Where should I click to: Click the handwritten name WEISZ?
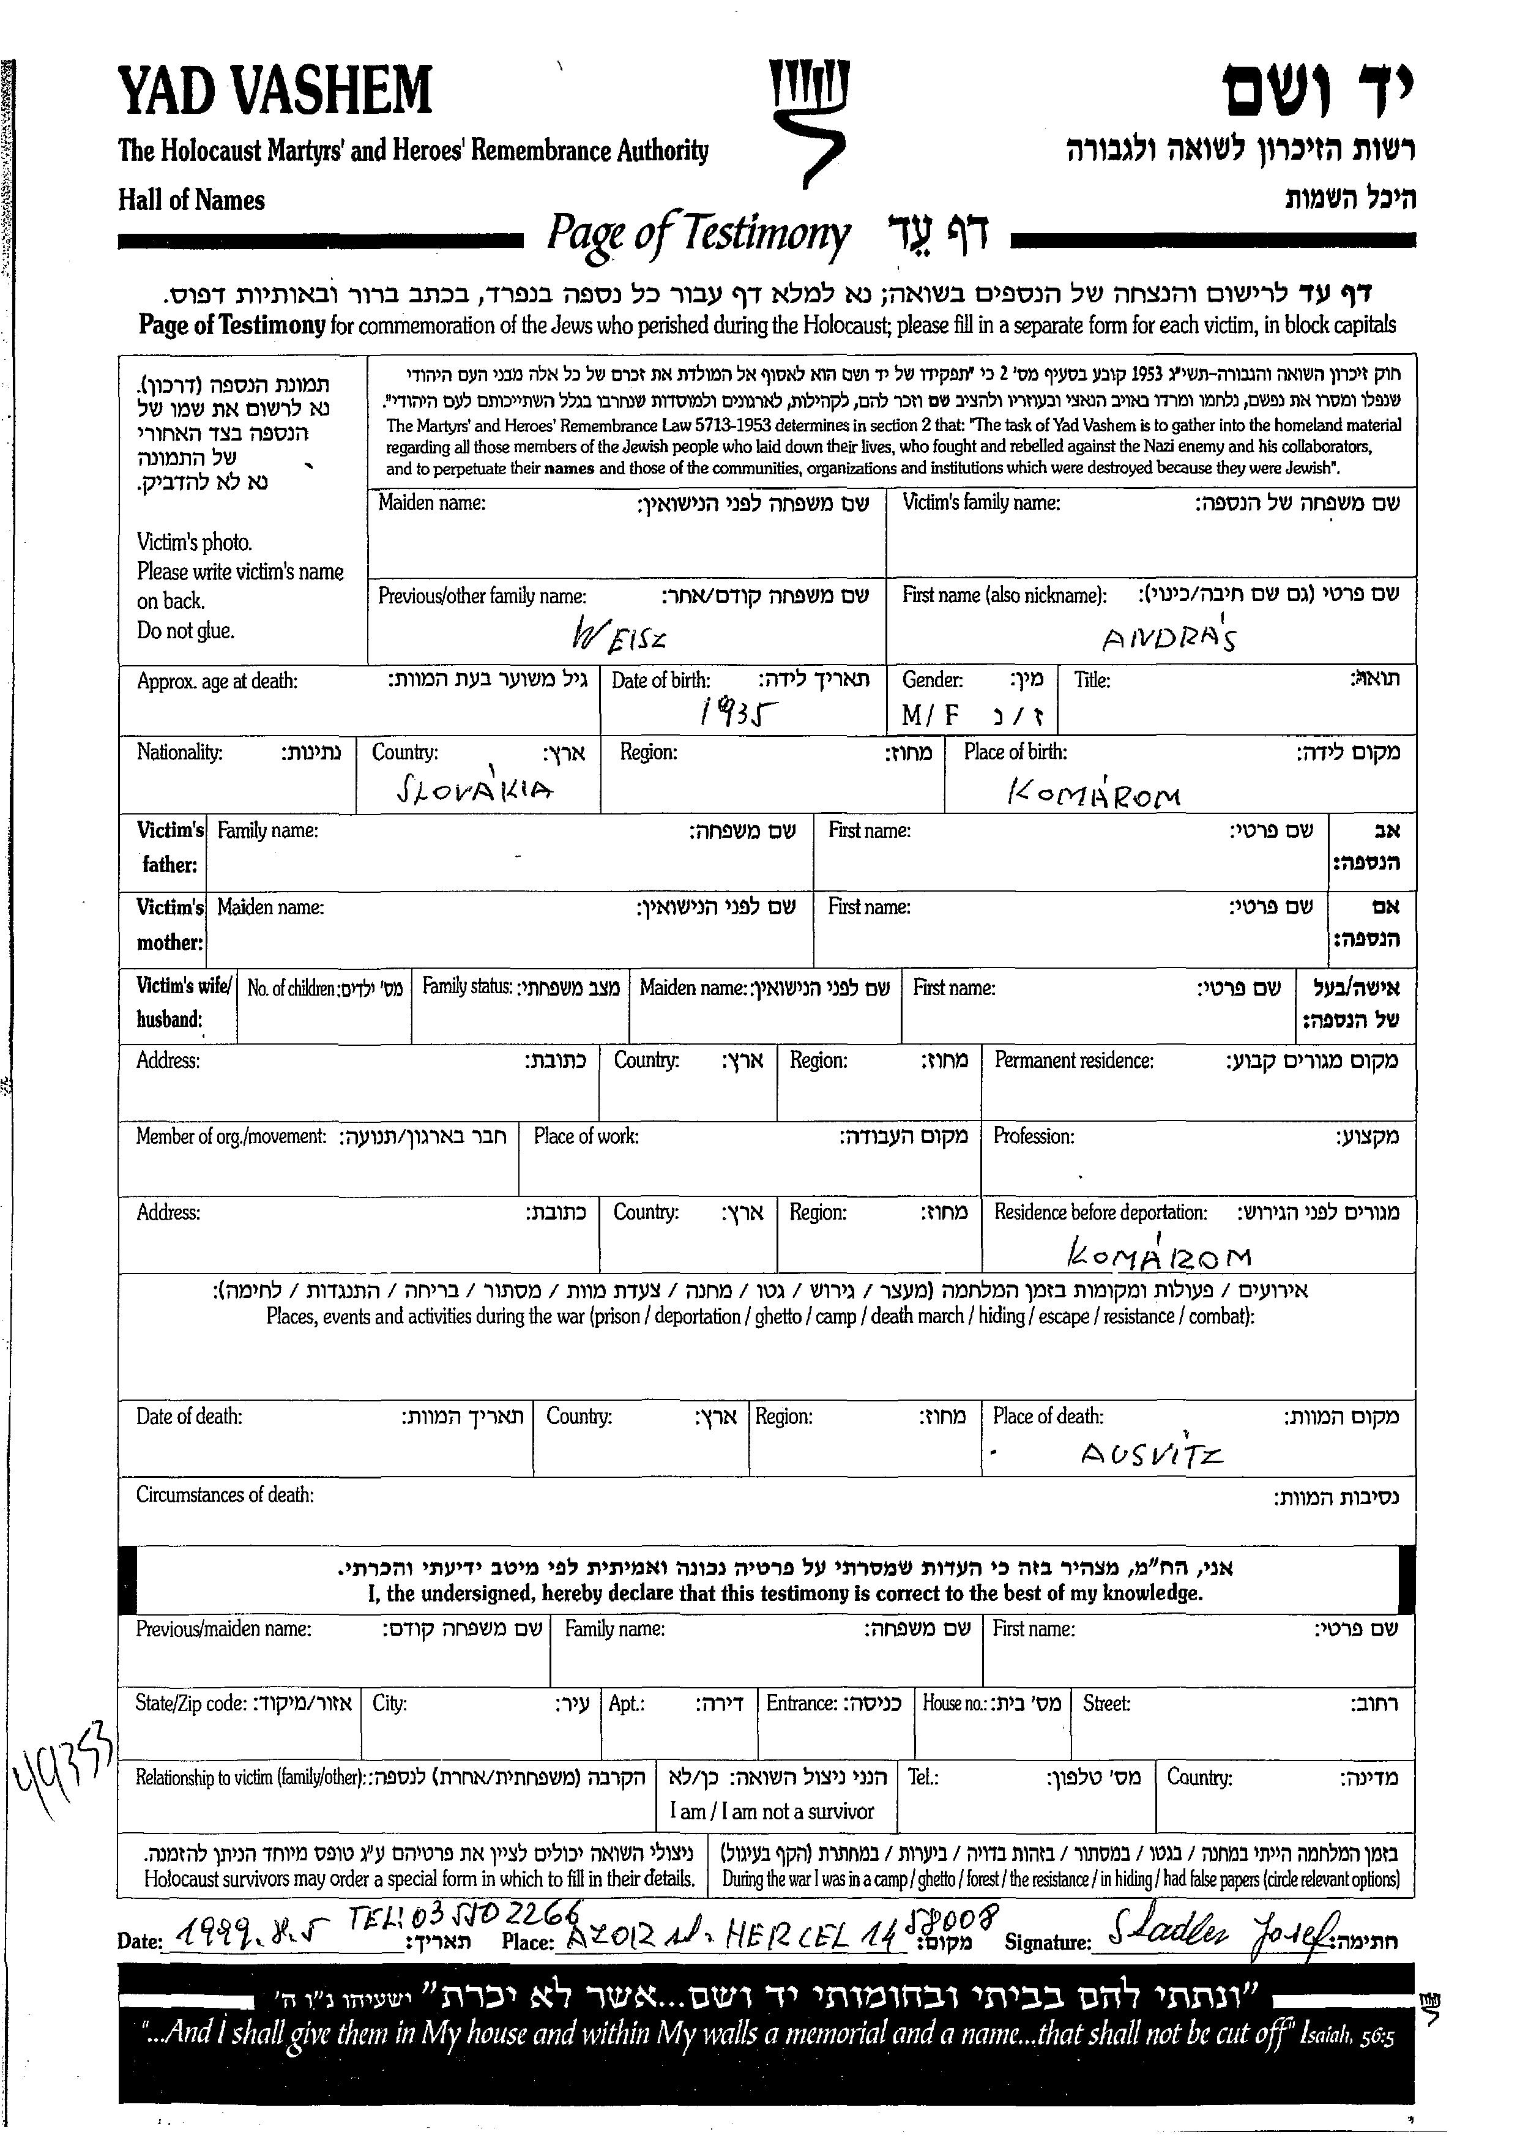[619, 638]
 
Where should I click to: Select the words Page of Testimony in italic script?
[698, 234]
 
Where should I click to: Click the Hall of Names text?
[191, 200]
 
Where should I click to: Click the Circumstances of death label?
[225, 1495]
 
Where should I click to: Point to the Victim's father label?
[170, 847]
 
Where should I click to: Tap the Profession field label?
[1034, 1136]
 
